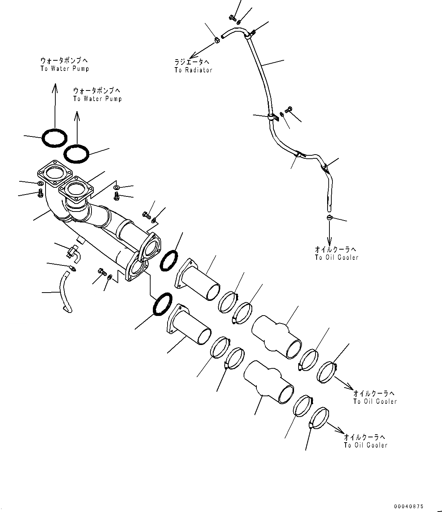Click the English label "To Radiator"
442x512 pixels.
[193, 70]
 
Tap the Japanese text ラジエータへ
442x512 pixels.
[192, 62]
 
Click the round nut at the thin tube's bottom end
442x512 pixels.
[329, 217]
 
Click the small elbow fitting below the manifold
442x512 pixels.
[73, 252]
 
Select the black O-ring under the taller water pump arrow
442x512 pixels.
[55, 138]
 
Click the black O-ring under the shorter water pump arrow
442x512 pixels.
[76, 153]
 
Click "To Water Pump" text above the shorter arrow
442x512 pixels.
[98, 99]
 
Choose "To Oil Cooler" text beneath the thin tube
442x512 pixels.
[336, 258]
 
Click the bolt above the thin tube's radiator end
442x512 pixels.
[232, 17]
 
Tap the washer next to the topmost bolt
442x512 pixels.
[239, 20]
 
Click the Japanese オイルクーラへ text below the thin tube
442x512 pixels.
[335, 249]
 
